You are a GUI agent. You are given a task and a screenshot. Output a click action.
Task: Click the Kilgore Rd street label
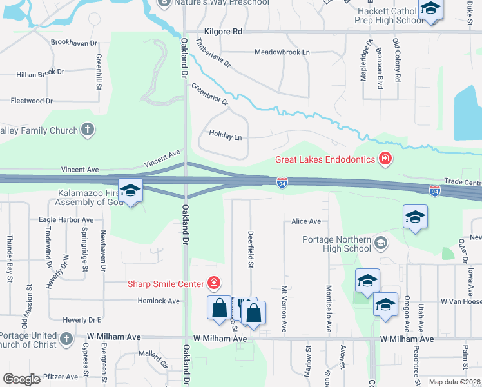tap(223, 31)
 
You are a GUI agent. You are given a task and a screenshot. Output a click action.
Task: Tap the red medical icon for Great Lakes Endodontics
tap(385, 159)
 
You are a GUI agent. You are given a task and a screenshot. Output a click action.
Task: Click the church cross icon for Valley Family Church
tap(88, 130)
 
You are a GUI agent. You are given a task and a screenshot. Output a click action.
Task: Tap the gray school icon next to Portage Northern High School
tap(381, 243)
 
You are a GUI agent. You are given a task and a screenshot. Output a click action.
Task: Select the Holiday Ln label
tap(225, 136)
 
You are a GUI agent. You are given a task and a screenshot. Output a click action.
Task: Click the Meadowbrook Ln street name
tap(282, 52)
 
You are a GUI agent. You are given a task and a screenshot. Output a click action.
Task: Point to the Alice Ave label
tap(305, 221)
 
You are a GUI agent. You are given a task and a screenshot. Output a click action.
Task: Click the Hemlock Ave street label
tap(159, 301)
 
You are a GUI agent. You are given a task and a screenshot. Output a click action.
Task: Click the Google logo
tap(22, 379)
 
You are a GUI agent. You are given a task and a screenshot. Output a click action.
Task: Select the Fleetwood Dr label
tap(32, 101)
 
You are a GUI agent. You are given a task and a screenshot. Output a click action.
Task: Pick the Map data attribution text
tap(454, 382)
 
